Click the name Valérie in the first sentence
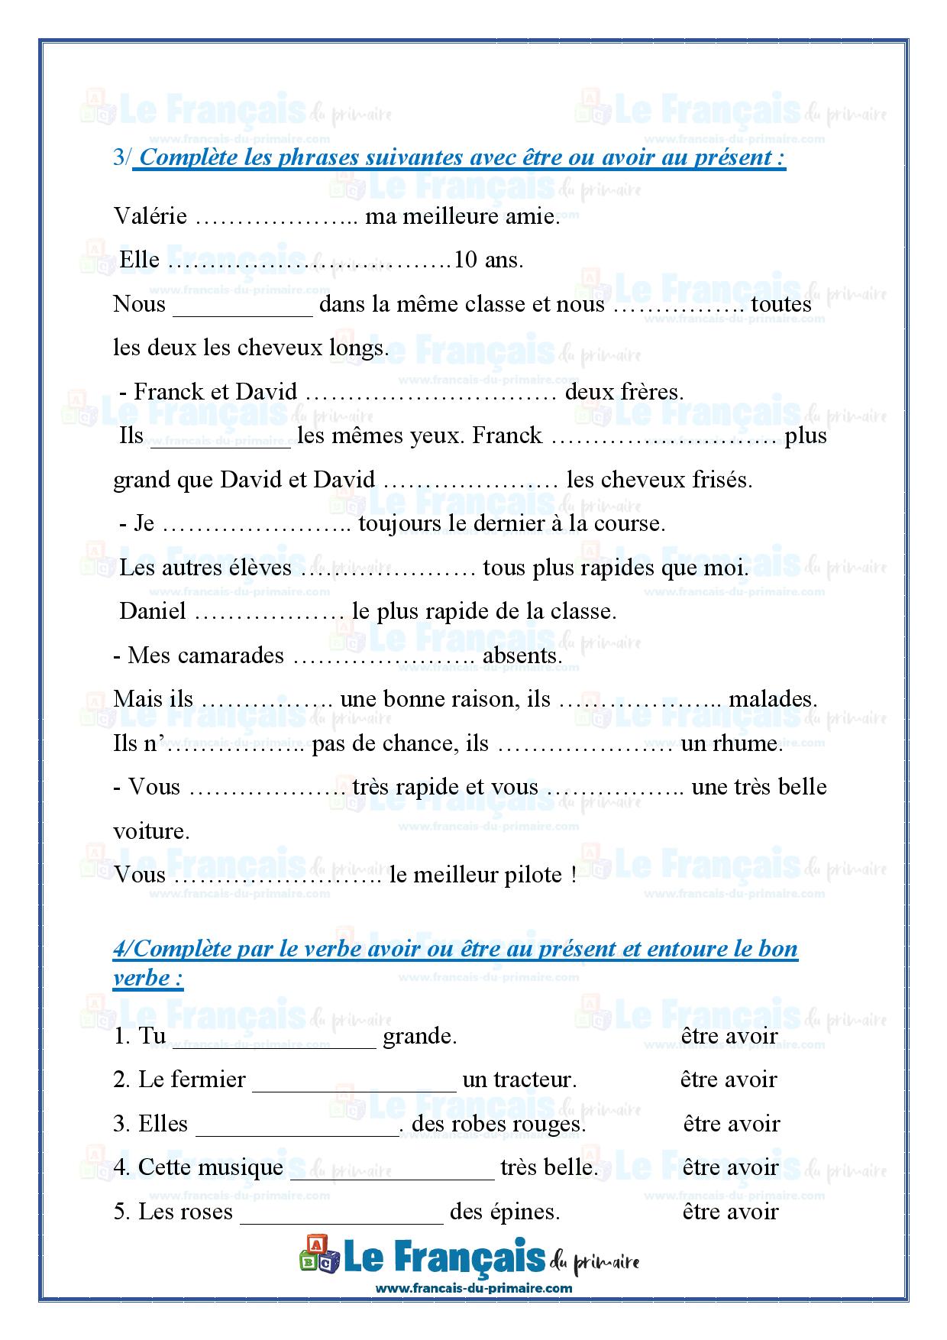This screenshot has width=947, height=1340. click(x=150, y=217)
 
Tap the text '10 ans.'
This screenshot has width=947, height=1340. click(x=489, y=261)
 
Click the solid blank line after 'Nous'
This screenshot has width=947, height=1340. click(x=244, y=312)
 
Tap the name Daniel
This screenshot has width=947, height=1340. click(x=153, y=612)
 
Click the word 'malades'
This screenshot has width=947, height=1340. click(x=772, y=700)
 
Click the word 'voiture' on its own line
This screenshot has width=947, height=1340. click(x=150, y=831)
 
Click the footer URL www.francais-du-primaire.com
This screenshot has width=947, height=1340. click(x=473, y=1287)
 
